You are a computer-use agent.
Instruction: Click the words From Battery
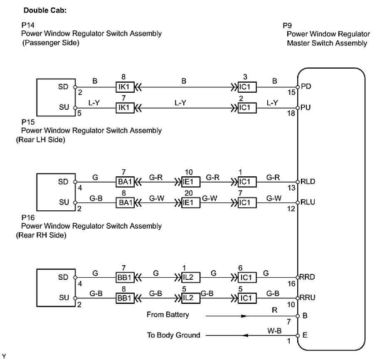pyautogui.click(x=168, y=315)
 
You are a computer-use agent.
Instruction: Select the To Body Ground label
pyautogui.click(x=174, y=335)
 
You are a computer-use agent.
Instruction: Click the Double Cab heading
pyautogui.click(x=45, y=10)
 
